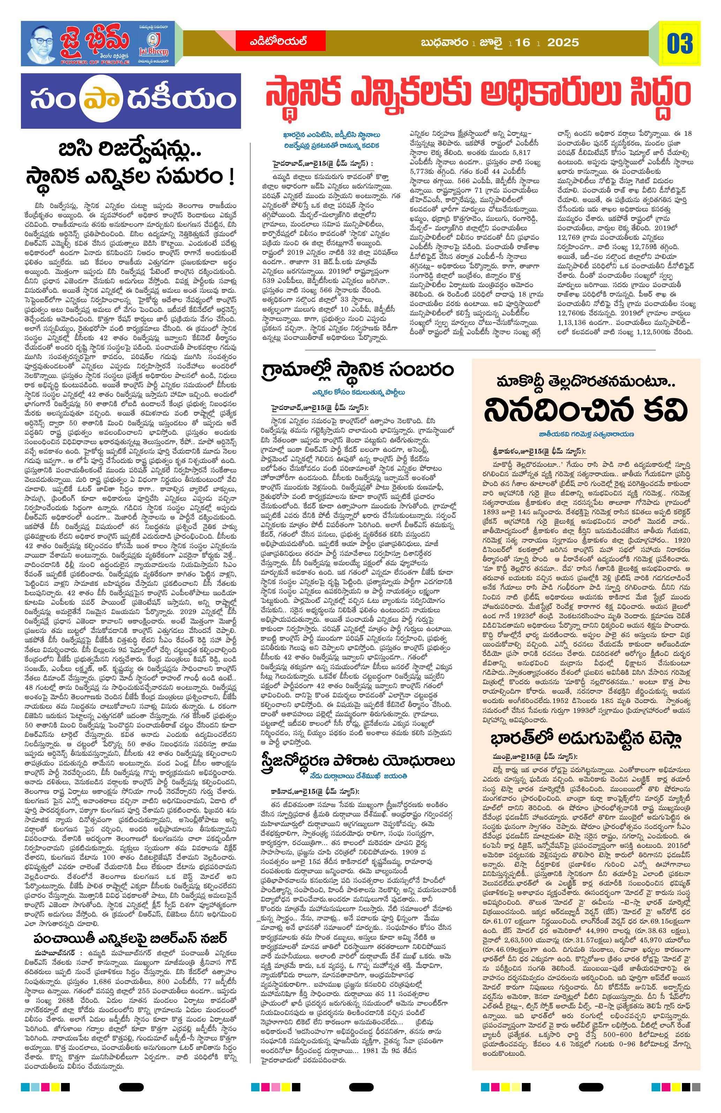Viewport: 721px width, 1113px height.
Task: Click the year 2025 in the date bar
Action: pos(563,43)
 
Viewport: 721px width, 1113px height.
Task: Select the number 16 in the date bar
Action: pos(523,43)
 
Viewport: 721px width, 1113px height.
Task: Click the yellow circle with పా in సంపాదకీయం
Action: pos(96,100)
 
